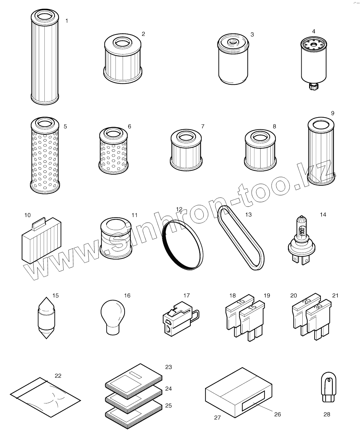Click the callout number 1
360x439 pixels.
[x=67, y=21]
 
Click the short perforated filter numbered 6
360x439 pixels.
[x=113, y=150]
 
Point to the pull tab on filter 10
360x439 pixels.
[x=39, y=224]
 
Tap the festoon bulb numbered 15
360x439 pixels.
[x=46, y=318]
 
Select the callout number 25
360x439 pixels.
[x=169, y=405]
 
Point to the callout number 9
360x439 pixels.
[x=333, y=113]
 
